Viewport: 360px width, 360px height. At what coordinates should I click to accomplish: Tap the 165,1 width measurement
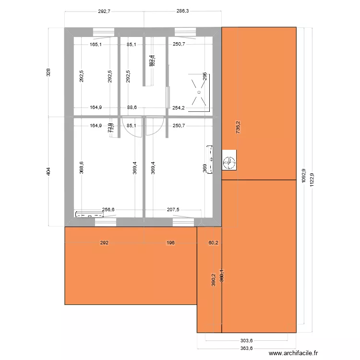coord(96,45)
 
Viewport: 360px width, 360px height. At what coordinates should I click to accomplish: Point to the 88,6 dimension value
coord(132,108)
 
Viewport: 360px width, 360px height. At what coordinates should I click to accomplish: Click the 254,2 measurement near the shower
coord(179,108)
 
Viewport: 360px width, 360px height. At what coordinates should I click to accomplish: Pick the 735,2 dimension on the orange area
coord(238,127)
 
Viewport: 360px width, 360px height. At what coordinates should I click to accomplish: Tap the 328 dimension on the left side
coord(48,72)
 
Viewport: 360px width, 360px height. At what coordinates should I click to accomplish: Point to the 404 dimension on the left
coord(48,171)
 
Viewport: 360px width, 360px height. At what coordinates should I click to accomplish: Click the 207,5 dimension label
coord(173,210)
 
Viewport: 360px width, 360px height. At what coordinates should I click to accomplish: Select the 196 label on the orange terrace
coord(170,243)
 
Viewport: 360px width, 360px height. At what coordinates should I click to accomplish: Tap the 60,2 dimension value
coord(213,243)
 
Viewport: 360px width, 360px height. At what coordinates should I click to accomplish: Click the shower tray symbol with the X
coord(199,91)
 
